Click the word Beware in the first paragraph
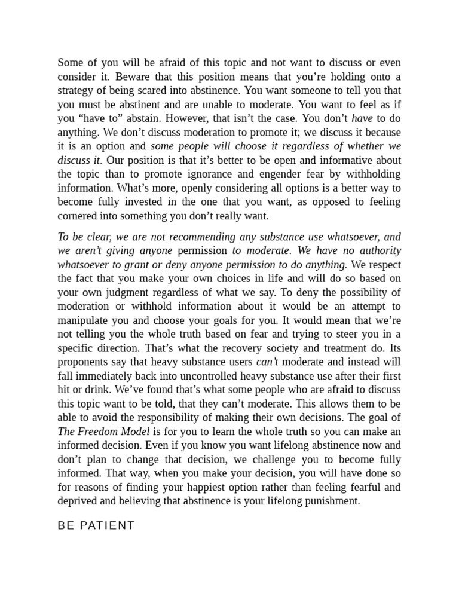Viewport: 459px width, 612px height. (x=131, y=77)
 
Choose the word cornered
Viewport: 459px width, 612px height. (x=78, y=216)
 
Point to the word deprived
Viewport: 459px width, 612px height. (x=78, y=501)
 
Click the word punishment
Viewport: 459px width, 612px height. (x=330, y=501)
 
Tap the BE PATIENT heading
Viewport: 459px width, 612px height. (x=96, y=525)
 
